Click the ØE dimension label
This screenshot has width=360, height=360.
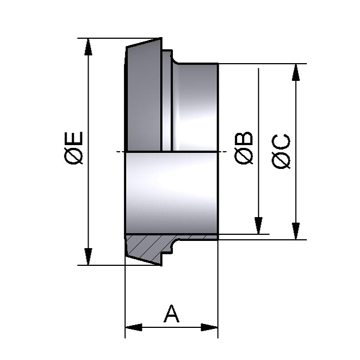point(74,148)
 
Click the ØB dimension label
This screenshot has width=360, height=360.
point(244,148)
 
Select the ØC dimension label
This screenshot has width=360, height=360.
point(282,150)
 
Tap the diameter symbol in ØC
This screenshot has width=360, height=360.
point(282,160)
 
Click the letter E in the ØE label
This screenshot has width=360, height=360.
point(74,138)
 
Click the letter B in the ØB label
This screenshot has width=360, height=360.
point(244,138)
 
